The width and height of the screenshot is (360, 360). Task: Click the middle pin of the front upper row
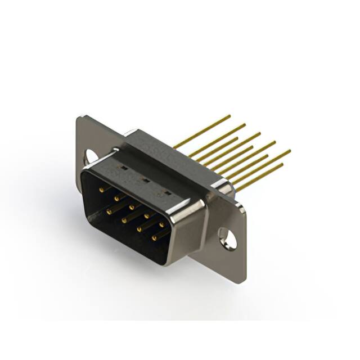tap(132, 206)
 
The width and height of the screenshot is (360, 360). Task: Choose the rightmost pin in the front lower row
tap(154, 238)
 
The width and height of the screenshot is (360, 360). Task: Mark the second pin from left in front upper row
tap(116, 198)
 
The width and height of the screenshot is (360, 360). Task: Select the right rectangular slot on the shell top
tap(165, 193)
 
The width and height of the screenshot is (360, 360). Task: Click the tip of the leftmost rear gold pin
tap(229, 116)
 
